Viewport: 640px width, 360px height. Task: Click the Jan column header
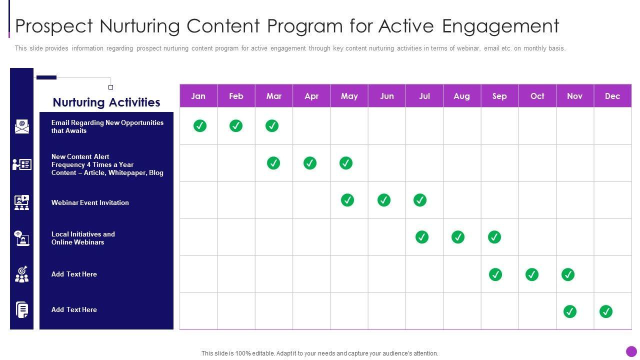[x=198, y=96]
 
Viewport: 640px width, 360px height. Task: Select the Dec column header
[x=612, y=96]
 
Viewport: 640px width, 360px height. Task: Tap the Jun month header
[x=387, y=96]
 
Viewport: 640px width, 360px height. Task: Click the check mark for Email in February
[x=236, y=125]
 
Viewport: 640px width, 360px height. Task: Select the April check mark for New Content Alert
[x=310, y=163]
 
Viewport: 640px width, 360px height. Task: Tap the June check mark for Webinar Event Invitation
[x=384, y=200]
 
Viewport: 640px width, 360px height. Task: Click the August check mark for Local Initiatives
[x=458, y=237]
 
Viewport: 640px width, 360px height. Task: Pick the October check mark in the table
[x=532, y=274]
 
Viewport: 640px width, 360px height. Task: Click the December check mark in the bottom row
[x=606, y=311]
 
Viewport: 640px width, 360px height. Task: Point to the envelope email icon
[x=22, y=126]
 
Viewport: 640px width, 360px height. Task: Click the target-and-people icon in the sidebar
[x=21, y=274]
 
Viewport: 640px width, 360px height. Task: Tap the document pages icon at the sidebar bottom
[x=22, y=309]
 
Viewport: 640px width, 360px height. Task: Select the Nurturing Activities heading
[x=106, y=102]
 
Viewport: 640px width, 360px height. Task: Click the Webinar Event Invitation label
[x=90, y=202]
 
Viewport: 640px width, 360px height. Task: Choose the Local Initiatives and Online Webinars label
[x=83, y=238]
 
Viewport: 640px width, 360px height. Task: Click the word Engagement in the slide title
[x=500, y=26]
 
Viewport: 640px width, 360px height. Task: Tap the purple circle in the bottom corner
[x=631, y=351]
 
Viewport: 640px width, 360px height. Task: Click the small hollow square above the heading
[x=111, y=87]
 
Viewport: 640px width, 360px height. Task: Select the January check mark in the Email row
[x=200, y=125]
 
